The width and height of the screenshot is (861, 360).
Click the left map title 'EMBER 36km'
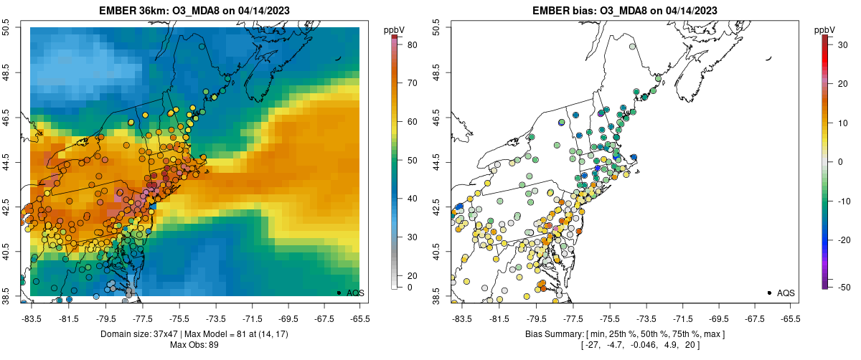(133, 11)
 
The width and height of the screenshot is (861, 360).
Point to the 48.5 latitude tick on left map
(6, 72)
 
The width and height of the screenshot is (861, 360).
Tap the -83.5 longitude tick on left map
(32, 317)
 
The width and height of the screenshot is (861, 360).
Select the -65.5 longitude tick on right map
(790, 317)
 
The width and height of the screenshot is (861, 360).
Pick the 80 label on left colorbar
(413, 45)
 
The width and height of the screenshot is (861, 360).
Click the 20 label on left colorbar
(413, 275)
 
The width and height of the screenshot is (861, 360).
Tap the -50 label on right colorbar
(844, 287)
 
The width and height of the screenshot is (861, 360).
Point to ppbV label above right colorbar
(825, 29)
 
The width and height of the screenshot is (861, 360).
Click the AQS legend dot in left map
(338, 293)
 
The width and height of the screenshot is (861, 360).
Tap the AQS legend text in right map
(786, 293)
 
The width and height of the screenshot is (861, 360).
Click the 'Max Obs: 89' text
(194, 345)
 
